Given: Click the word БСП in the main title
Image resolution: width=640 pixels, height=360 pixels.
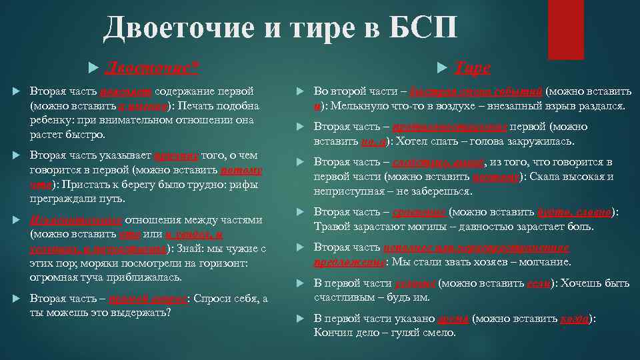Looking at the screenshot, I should click(425, 27).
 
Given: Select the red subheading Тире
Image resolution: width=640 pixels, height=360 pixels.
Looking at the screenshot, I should click(473, 67).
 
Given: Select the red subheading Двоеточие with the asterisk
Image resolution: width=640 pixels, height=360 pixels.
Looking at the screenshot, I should click(153, 67).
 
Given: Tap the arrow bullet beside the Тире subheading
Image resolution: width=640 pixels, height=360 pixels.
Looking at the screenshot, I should click(443, 68).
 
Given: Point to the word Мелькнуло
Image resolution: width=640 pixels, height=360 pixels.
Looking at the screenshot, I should click(354, 107).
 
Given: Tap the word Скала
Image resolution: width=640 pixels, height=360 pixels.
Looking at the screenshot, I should click(550, 177).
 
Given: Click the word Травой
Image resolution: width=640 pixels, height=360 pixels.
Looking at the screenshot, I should click(332, 227).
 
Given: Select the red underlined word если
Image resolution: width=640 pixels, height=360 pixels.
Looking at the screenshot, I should click(537, 283).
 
